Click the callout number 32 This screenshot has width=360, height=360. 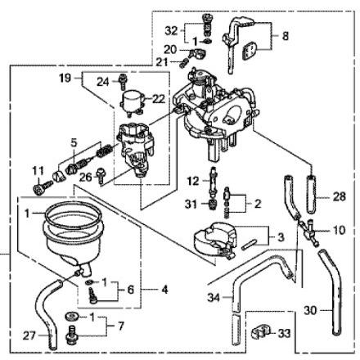tap(171, 31)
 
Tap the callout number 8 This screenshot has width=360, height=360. tap(286, 36)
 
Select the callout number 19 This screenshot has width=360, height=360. tap(65, 79)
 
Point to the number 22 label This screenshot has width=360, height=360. tap(159, 99)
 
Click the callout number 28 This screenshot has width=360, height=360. tap(340, 196)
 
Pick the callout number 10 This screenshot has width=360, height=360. tap(339, 231)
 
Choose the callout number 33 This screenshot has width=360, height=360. tap(284, 333)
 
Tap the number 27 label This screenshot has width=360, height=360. tap(29, 335)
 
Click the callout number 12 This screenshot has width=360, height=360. tap(193, 181)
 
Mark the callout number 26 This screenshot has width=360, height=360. tap(86, 178)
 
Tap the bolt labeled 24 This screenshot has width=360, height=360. tap(123, 81)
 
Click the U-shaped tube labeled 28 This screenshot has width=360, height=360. tap(312, 194)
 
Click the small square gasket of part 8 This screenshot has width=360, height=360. tap(249, 51)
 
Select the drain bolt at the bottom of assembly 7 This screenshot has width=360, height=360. tap(71, 335)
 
